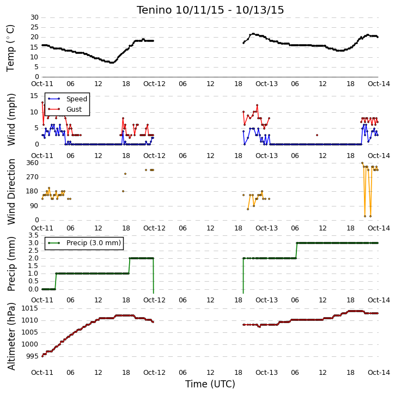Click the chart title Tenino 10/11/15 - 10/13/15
(210, 10)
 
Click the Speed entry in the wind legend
(68, 99)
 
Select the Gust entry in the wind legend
(65, 110)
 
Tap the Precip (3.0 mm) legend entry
(84, 243)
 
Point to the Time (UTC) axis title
(210, 384)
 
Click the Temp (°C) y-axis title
(10, 48)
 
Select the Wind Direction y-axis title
(11, 192)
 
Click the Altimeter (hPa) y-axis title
(11, 336)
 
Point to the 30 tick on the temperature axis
(34, 17)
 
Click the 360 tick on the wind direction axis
(33, 163)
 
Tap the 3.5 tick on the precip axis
(33, 235)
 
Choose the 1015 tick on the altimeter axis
(30, 308)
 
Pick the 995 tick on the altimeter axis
(33, 356)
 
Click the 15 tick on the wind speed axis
(34, 96)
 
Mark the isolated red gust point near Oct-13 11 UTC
(317, 135)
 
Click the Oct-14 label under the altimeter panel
(379, 372)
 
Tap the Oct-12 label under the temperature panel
(154, 84)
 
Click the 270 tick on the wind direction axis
(33, 177)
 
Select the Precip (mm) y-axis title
(11, 264)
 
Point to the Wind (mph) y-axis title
(11, 120)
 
